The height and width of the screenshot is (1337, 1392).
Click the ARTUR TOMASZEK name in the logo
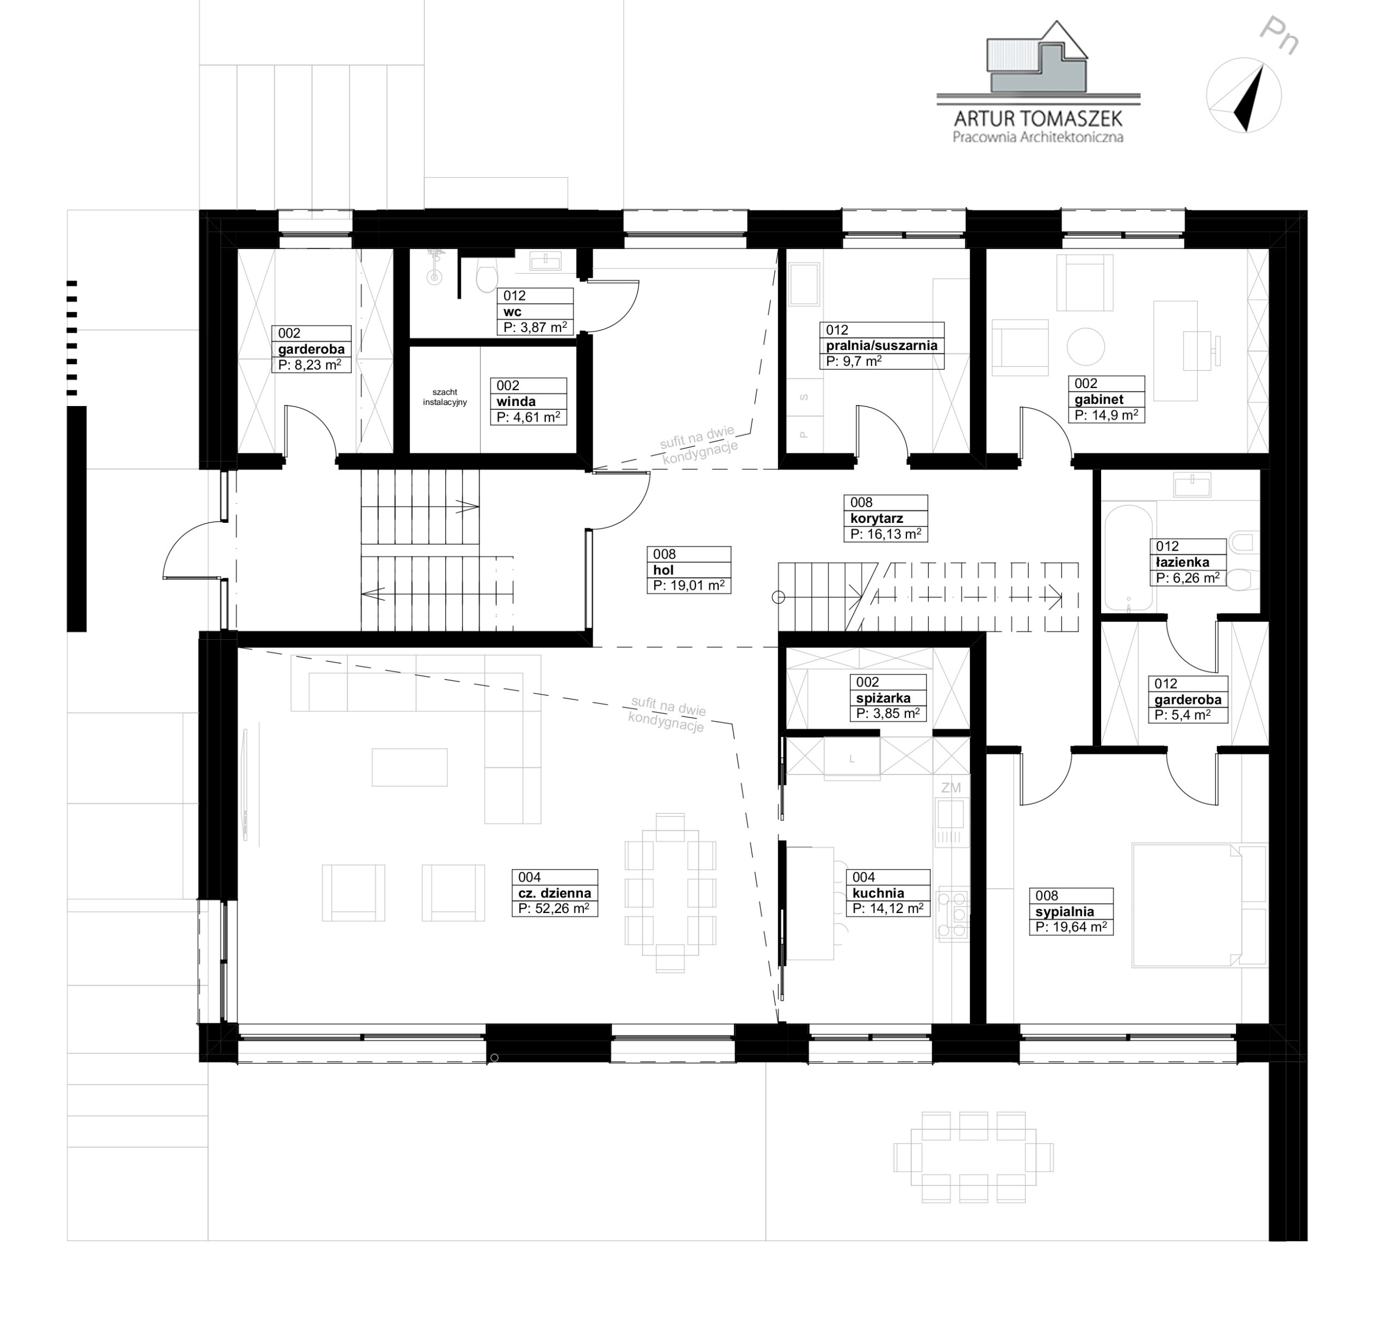point(1037,118)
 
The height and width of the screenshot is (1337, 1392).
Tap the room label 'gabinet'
point(1099,399)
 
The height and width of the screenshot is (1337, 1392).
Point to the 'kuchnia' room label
point(878,892)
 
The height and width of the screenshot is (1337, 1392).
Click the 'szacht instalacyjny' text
point(445,397)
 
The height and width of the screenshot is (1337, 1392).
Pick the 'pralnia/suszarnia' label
point(881,346)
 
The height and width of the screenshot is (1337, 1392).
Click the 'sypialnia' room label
point(1064,911)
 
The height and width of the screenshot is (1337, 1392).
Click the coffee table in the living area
point(410,767)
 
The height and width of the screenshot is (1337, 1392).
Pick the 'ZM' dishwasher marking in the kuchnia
point(950,788)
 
